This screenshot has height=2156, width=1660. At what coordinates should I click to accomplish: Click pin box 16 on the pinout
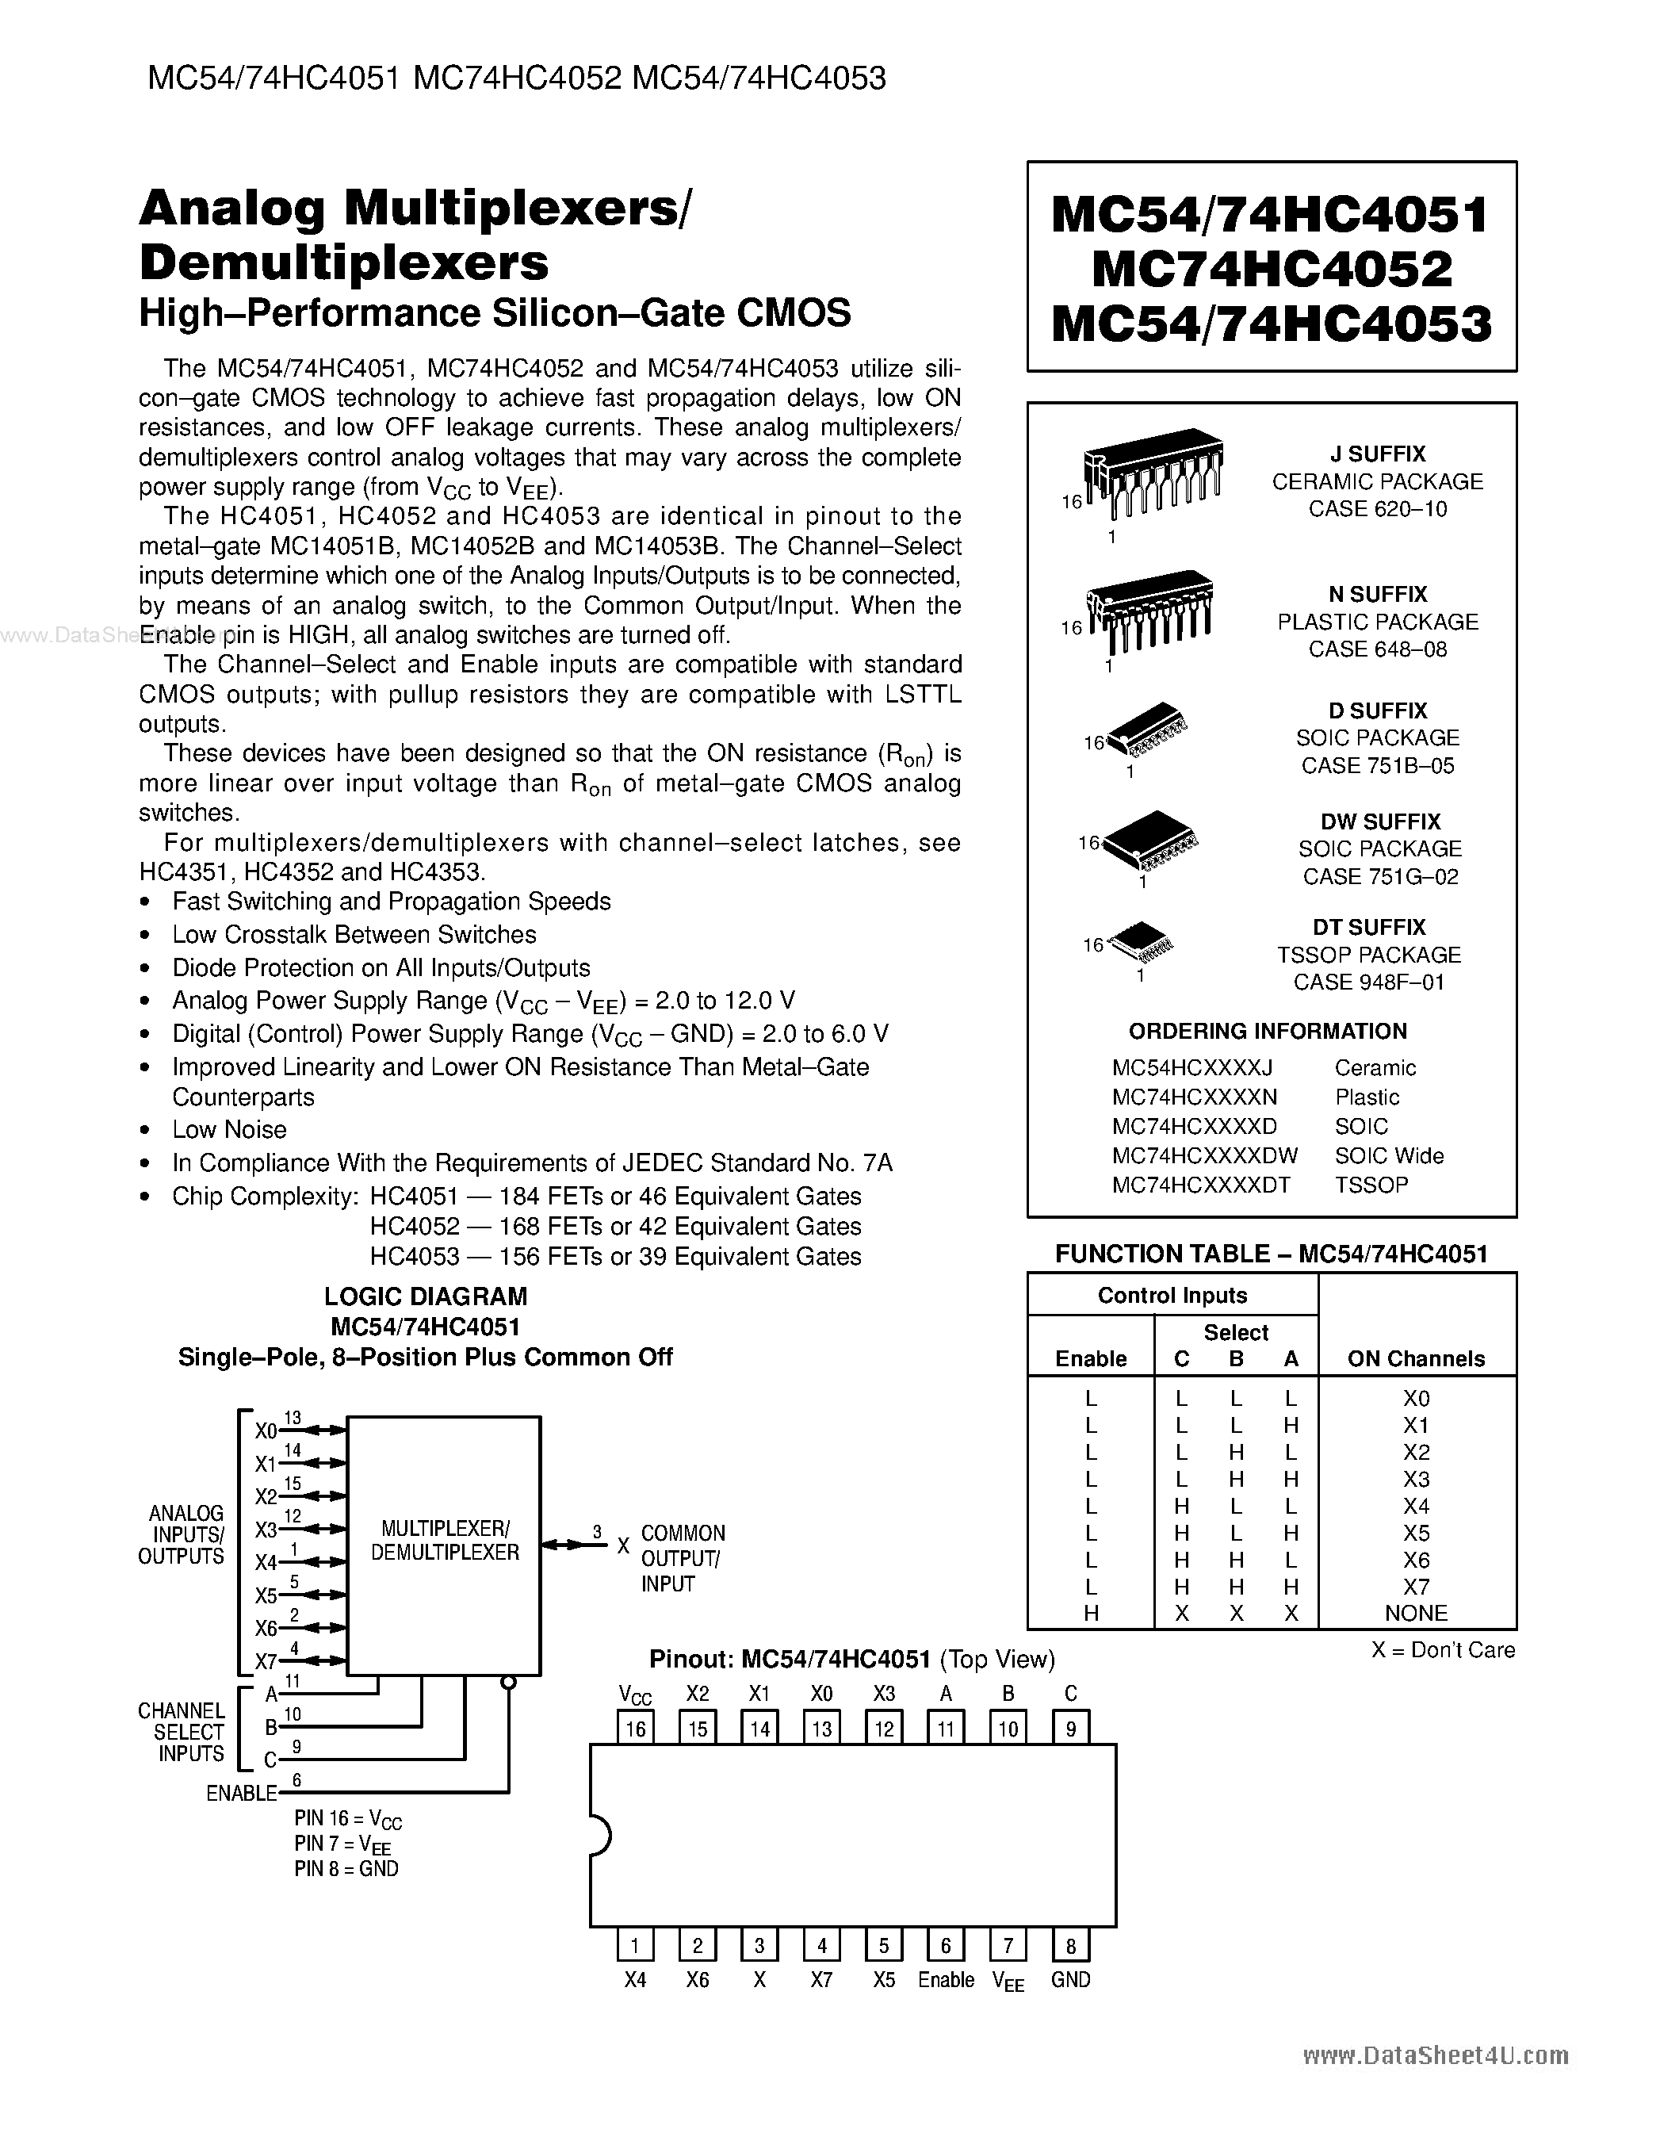coord(635,1729)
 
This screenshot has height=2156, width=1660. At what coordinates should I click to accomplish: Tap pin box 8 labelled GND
coord(1070,1946)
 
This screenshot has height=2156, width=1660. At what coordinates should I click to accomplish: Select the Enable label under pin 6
coord(946,1979)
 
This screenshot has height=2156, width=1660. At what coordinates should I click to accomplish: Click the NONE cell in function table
coord(1415,1613)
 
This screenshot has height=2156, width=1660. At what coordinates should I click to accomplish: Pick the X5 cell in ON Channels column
coord(1415,1532)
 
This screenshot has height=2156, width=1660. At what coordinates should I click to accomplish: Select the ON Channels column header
coord(1415,1358)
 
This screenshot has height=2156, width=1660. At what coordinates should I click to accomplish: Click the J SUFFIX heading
coord(1377,454)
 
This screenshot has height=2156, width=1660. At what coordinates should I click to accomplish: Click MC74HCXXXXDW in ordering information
coord(1204,1155)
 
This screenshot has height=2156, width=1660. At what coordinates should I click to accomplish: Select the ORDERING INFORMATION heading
coord(1268,1031)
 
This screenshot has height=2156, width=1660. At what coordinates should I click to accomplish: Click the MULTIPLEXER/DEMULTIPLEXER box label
coord(444,1540)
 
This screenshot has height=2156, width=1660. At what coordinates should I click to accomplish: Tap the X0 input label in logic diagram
coord(265,1431)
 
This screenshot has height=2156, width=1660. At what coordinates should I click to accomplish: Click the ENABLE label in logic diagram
coord(241,1793)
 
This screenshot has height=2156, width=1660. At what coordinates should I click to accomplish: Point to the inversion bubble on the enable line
coord(508,1682)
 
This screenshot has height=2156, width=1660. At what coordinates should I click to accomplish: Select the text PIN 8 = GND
coord(346,1869)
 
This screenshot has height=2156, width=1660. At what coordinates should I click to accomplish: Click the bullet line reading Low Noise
coord(229,1129)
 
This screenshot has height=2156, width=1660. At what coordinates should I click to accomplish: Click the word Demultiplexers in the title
coord(343,262)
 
